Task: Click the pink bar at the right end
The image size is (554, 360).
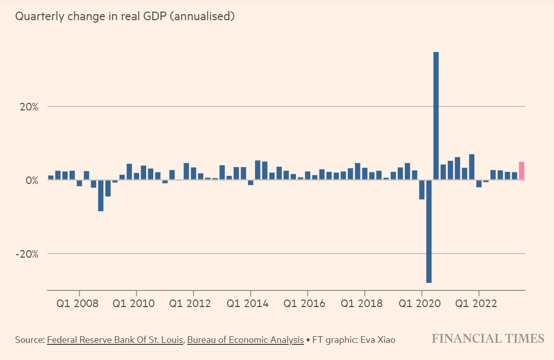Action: click(521, 171)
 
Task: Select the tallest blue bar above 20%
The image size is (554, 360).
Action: click(436, 116)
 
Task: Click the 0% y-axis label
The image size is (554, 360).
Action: click(32, 181)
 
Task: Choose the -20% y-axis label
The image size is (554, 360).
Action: click(27, 254)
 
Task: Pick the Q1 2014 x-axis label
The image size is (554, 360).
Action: click(247, 304)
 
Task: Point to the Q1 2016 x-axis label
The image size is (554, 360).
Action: click(304, 304)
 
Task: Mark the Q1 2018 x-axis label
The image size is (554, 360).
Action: click(361, 304)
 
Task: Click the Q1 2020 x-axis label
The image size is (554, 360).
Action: click(418, 304)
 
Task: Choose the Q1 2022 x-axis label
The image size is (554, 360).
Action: click(475, 304)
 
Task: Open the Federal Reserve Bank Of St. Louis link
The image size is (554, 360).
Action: click(115, 340)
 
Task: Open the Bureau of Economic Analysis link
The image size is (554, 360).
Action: click(245, 340)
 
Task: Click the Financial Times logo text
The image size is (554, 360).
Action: click(488, 338)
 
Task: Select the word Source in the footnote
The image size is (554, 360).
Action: click(29, 340)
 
